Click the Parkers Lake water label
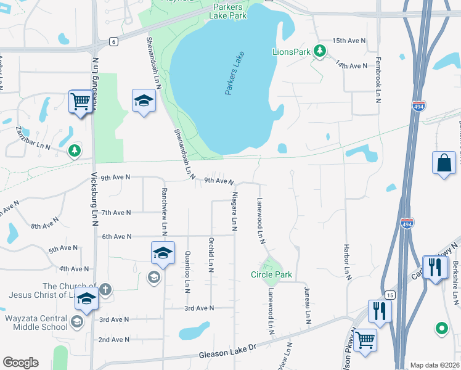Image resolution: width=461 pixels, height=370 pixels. (235, 76)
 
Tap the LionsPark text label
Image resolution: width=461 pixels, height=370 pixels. (291, 52)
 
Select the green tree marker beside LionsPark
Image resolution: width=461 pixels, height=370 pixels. (320, 51)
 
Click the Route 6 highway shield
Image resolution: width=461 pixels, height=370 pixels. (113, 41)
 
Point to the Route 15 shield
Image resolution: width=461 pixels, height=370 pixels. (389, 295)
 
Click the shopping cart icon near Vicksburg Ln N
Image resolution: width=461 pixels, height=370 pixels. (81, 101)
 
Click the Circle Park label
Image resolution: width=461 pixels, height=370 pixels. (271, 274)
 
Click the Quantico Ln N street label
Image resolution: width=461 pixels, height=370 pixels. (187, 272)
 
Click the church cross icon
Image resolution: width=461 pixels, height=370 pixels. (105, 289)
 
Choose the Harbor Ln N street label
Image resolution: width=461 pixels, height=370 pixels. (347, 259)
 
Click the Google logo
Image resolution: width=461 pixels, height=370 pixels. (20, 363)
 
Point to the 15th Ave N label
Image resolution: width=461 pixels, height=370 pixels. (349, 41)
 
